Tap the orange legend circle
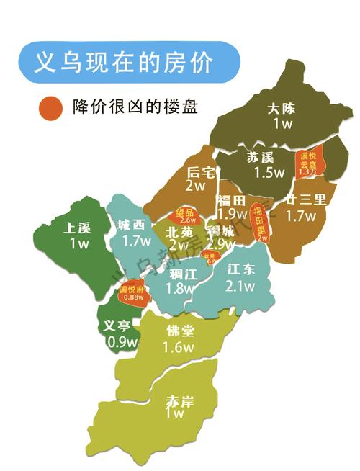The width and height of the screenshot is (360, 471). [51, 107]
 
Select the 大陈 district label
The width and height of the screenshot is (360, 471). [281, 109]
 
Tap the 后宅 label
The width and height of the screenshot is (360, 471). [201, 171]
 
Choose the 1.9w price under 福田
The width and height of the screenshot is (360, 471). [232, 214]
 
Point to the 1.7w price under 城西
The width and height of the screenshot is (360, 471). [136, 241]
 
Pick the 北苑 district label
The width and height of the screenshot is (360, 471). [179, 232]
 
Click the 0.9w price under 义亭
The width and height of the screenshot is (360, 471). [122, 341]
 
